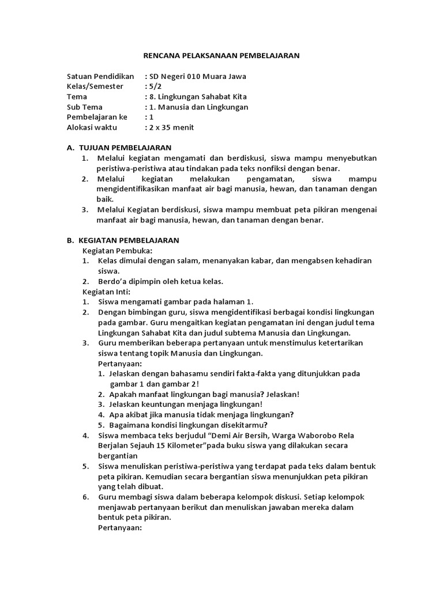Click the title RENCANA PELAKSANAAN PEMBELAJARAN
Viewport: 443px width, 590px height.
(221, 55)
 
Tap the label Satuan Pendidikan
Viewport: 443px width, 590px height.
(100, 76)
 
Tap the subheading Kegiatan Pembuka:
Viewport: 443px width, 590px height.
(117, 251)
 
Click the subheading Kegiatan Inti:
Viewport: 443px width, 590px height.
(106, 292)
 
